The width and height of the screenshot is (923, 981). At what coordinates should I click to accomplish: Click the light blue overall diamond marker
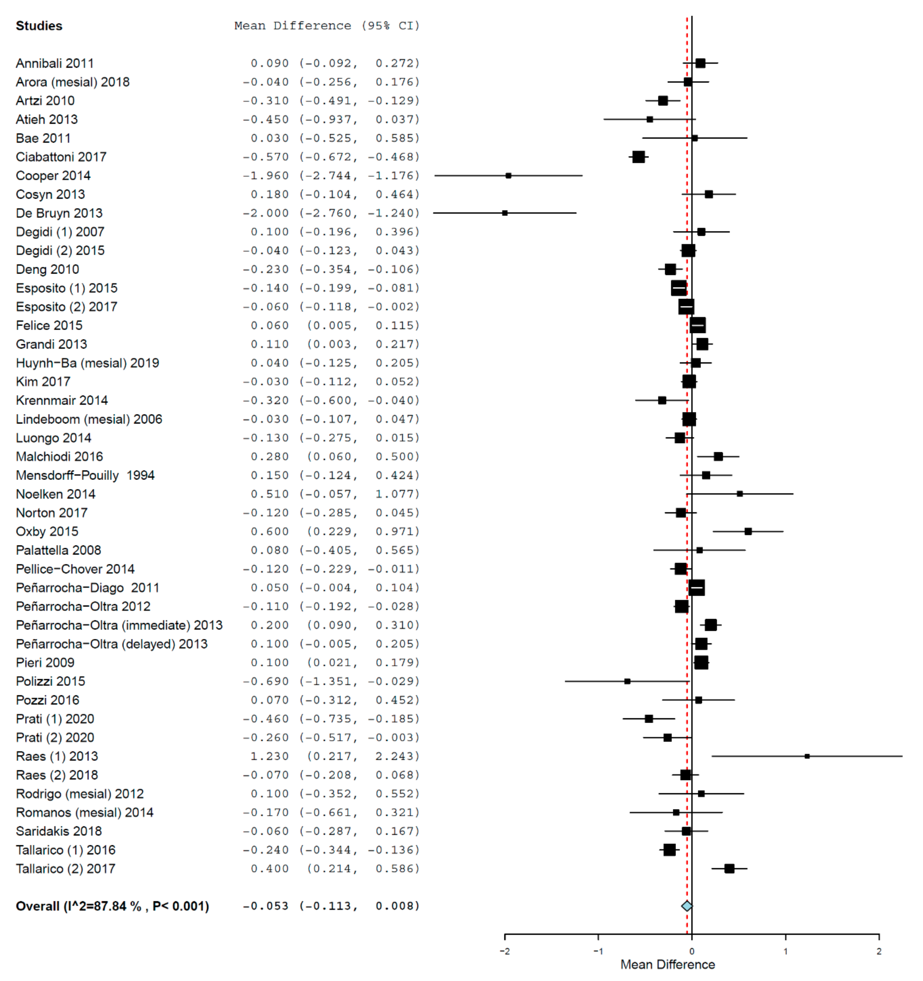point(687,906)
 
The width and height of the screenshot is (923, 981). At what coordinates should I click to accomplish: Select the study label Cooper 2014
point(53,176)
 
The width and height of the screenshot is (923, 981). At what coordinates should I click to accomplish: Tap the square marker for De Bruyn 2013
point(505,213)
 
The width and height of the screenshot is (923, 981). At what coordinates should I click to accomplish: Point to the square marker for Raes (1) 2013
point(807,756)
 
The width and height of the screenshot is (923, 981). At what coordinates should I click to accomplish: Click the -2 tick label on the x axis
point(505,951)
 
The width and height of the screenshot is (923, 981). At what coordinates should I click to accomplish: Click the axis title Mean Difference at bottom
point(668,964)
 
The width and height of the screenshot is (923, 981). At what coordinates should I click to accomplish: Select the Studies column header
point(39,26)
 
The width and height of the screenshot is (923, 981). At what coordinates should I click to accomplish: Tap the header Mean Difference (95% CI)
point(326,26)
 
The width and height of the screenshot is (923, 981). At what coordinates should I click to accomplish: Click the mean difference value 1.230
point(269,756)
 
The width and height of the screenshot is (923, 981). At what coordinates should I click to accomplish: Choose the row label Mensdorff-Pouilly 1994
point(85,475)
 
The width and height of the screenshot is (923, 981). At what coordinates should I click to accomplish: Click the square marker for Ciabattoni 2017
point(638,157)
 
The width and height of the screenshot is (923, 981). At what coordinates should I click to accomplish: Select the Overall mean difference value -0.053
point(265,906)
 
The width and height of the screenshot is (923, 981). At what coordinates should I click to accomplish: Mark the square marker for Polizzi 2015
point(627,681)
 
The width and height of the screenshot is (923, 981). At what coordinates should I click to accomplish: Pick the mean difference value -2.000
point(265,213)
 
